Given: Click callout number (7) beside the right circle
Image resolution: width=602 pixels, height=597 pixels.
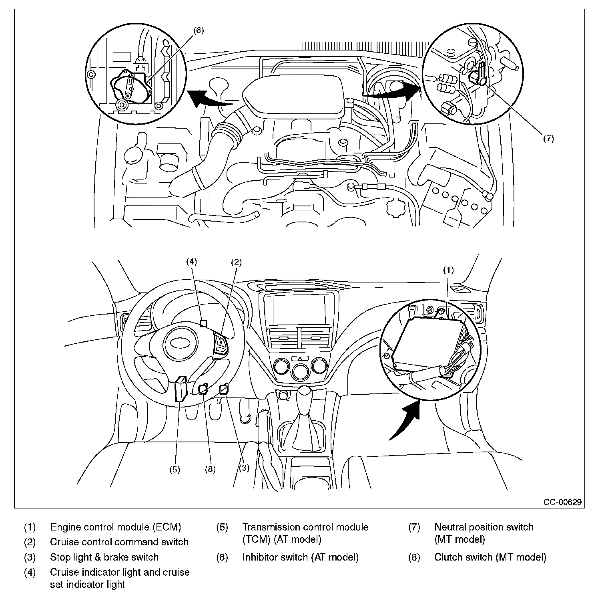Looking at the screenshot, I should [x=548, y=139].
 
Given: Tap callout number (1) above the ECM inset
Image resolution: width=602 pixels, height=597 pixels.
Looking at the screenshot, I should [x=448, y=270].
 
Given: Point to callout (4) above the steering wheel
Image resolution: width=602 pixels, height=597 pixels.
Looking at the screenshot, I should [x=192, y=262].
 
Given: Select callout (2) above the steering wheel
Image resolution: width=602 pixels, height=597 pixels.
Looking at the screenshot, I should [x=236, y=262].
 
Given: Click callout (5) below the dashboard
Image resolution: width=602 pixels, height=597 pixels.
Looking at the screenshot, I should [x=175, y=470].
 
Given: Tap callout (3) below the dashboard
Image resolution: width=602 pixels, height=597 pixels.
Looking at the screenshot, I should [x=244, y=468].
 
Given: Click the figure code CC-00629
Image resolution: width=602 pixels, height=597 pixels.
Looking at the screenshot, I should [x=562, y=502].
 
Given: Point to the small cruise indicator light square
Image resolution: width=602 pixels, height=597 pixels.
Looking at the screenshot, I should [x=203, y=323].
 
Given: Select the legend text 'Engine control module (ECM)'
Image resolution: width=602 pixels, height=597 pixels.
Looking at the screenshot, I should [x=115, y=527].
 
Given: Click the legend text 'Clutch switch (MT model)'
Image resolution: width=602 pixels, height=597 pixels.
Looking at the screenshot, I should [x=490, y=557].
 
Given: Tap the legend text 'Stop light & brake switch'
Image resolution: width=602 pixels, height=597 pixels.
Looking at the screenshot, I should [x=104, y=557].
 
